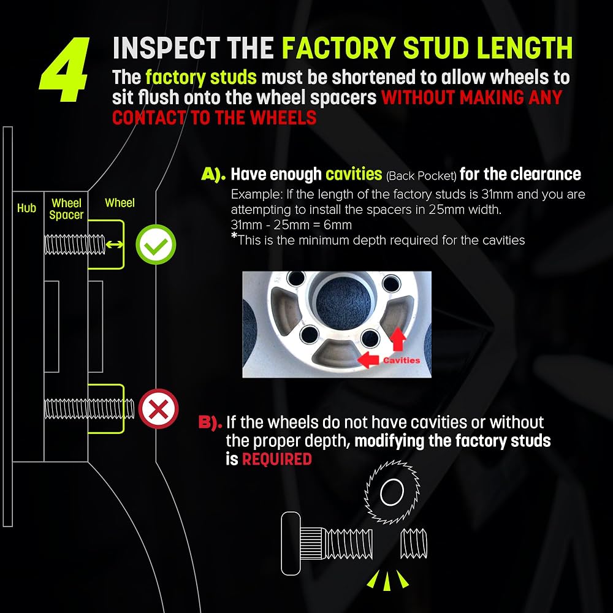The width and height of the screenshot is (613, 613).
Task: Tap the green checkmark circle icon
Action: (156, 245)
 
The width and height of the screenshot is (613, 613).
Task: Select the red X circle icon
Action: (158, 409)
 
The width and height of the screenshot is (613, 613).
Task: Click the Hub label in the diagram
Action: (26, 208)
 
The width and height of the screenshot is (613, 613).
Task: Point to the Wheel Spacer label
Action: (66, 209)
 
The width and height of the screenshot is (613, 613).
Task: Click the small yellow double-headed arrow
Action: (114, 245)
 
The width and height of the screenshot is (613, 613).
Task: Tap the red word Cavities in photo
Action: (402, 360)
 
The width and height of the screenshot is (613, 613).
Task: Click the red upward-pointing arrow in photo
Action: (398, 339)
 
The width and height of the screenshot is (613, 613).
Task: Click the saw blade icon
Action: (392, 492)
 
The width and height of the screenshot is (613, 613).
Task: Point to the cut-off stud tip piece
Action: (414, 543)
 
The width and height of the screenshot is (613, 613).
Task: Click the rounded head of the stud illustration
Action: (291, 543)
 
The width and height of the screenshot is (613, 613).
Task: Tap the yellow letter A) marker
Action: (213, 174)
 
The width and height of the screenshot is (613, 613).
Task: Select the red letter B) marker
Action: (210, 422)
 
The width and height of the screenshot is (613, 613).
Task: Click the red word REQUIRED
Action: (277, 459)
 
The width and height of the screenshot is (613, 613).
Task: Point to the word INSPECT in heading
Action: (166, 48)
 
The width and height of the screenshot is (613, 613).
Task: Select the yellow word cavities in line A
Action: (354, 174)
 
